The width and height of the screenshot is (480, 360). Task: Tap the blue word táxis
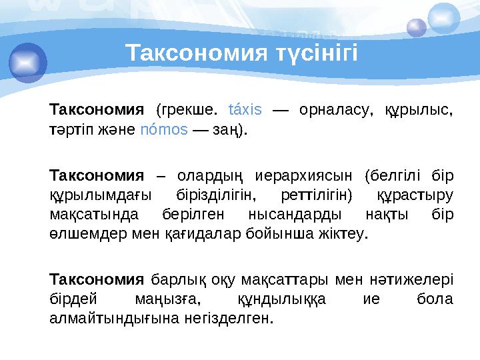(245, 109)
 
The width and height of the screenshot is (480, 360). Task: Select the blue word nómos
(164, 129)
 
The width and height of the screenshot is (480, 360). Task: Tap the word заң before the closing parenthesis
(223, 129)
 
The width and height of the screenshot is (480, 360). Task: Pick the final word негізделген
(230, 318)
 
